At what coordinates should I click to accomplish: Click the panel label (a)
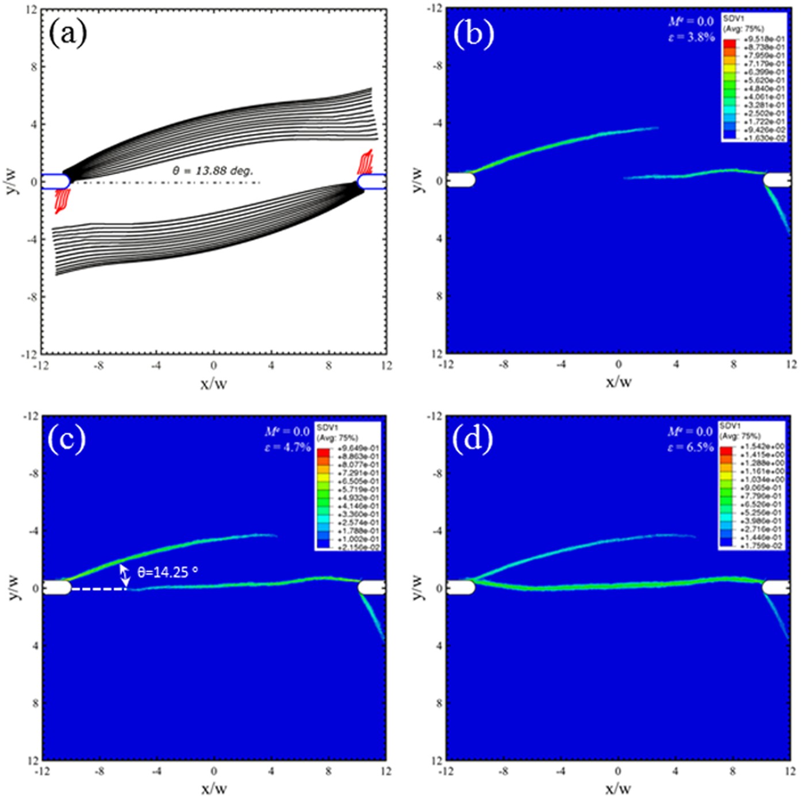pyautogui.click(x=68, y=33)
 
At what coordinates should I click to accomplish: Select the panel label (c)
pyautogui.click(x=67, y=439)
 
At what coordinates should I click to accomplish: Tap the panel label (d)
pyautogui.click(x=472, y=439)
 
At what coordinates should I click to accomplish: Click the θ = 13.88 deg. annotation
pyautogui.click(x=213, y=171)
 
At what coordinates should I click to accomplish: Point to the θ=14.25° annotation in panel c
pyautogui.click(x=167, y=571)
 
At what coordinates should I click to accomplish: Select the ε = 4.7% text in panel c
pyautogui.click(x=287, y=447)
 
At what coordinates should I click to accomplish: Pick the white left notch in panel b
pyautogui.click(x=461, y=180)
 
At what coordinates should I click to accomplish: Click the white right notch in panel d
pyautogui.click(x=776, y=587)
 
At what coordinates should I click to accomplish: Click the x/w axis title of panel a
pyautogui.click(x=213, y=383)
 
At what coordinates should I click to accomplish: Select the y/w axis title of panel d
pyautogui.click(x=418, y=587)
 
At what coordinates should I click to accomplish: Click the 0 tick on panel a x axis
pyautogui.click(x=213, y=366)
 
